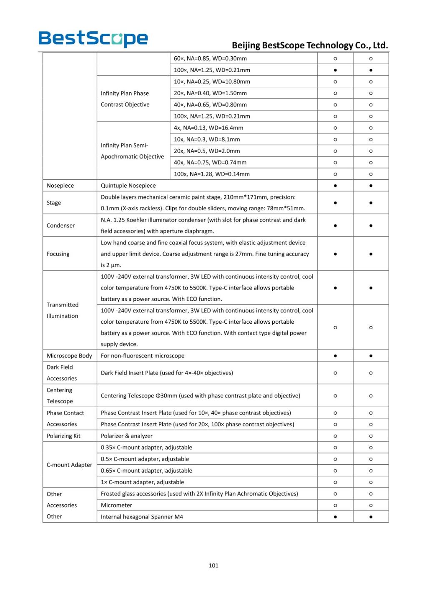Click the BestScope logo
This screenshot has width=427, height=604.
click(93, 38)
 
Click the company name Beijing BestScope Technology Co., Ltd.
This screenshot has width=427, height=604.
click(309, 45)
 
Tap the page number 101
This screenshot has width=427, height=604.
click(213, 565)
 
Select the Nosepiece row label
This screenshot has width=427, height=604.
click(60, 186)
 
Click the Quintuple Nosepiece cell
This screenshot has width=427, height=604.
click(128, 186)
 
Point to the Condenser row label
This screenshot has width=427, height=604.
click(61, 226)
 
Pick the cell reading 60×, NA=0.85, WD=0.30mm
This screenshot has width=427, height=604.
click(210, 58)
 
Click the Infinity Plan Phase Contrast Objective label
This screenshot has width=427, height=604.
click(125, 99)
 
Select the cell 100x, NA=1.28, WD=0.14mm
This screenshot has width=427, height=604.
click(212, 174)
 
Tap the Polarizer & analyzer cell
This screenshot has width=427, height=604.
click(127, 436)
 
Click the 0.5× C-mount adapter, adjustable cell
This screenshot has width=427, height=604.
click(145, 459)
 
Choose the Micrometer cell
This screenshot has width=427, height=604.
click(116, 505)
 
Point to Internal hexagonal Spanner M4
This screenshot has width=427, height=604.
click(142, 517)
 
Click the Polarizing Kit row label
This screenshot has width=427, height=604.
click(63, 436)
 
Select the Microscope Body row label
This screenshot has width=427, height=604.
click(69, 356)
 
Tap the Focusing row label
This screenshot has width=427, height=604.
click(58, 254)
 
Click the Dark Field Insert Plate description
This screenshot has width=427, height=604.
click(167, 373)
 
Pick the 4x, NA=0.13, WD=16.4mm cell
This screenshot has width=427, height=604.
click(208, 128)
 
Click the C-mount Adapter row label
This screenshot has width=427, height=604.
click(69, 465)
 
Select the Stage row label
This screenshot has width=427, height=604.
click(54, 203)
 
